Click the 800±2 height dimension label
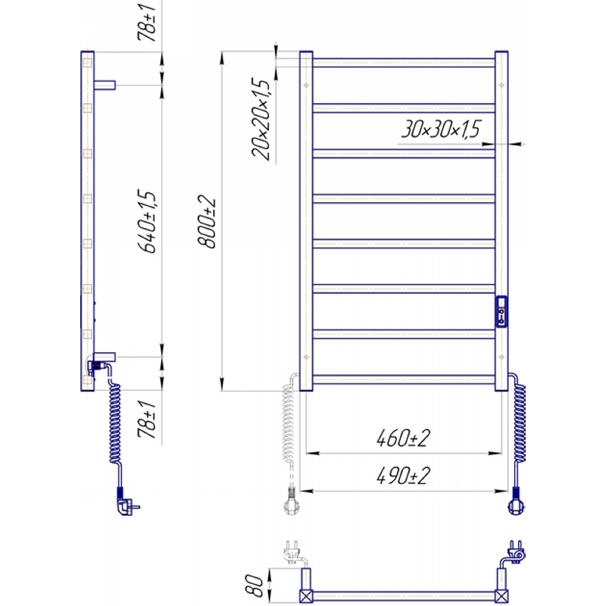(x=207, y=221)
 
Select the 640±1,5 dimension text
(x=147, y=221)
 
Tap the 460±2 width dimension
(x=403, y=439)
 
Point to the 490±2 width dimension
(x=403, y=476)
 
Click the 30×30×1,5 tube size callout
(x=441, y=129)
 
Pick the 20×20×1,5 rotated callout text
(x=261, y=120)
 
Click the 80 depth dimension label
(x=254, y=585)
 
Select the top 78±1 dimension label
(x=147, y=20)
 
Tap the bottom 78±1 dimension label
(x=147, y=420)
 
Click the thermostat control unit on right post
(x=501, y=311)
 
